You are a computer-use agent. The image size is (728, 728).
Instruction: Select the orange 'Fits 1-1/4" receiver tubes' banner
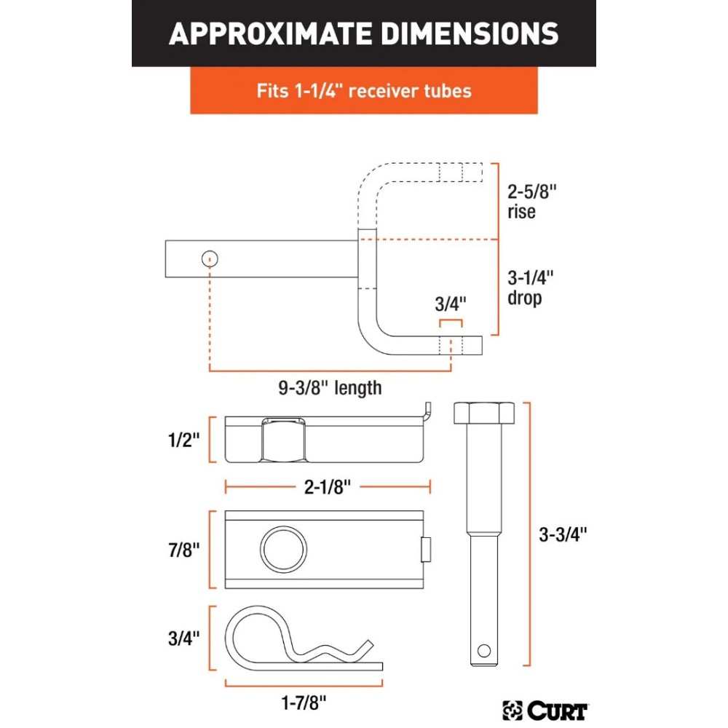tap(363, 91)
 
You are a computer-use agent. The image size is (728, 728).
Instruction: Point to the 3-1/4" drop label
tap(529, 288)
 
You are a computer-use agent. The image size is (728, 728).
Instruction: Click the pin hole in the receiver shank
tap(210, 258)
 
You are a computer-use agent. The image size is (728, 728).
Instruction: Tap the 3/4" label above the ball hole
tap(450, 303)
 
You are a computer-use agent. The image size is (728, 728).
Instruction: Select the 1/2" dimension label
tap(182, 440)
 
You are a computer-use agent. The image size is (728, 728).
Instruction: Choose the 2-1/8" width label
tap(328, 487)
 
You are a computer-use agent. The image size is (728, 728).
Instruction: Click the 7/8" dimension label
tap(182, 549)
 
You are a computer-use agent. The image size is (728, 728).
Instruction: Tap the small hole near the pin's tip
tap(482, 650)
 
